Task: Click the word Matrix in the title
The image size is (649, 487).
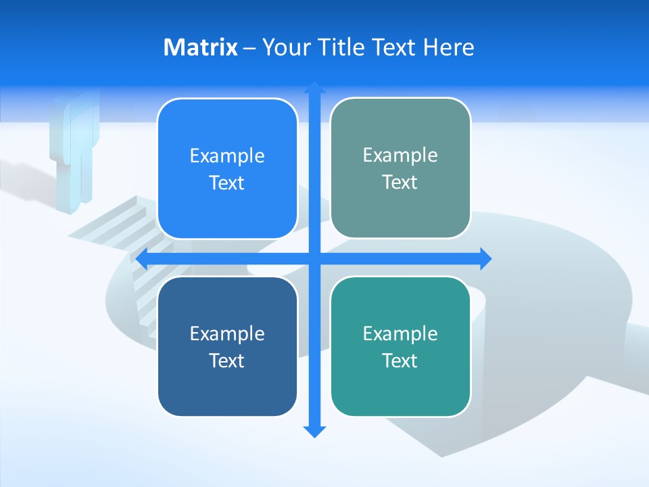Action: click(x=200, y=47)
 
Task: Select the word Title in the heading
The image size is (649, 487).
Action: click(x=342, y=47)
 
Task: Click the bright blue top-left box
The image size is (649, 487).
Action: click(x=227, y=169)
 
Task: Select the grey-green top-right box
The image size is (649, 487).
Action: click(x=400, y=168)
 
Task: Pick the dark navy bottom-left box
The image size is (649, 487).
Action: click(x=227, y=346)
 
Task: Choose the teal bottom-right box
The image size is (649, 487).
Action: click(x=400, y=346)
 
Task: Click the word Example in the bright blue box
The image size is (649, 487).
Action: click(x=227, y=156)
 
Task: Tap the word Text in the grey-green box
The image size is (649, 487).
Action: click(x=400, y=183)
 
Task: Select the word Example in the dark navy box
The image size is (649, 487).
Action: click(x=227, y=333)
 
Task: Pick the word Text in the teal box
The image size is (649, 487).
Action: click(x=400, y=361)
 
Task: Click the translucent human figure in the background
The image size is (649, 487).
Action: click(x=73, y=149)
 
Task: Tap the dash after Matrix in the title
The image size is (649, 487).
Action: click(x=249, y=48)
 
